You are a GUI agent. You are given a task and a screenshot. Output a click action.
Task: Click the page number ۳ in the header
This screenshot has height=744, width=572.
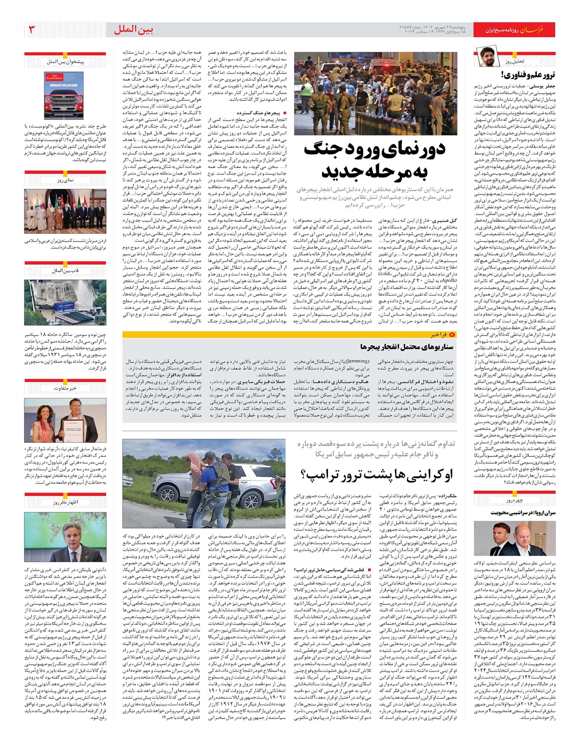(32, 30)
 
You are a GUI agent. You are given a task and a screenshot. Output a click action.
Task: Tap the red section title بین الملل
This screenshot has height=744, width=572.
(133, 30)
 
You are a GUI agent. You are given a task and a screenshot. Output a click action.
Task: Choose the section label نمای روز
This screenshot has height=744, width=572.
(65, 181)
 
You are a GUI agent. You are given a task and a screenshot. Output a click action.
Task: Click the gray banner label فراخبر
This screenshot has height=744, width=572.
(437, 335)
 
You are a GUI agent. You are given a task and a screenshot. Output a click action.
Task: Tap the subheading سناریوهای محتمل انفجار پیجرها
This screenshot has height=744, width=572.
(406, 347)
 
